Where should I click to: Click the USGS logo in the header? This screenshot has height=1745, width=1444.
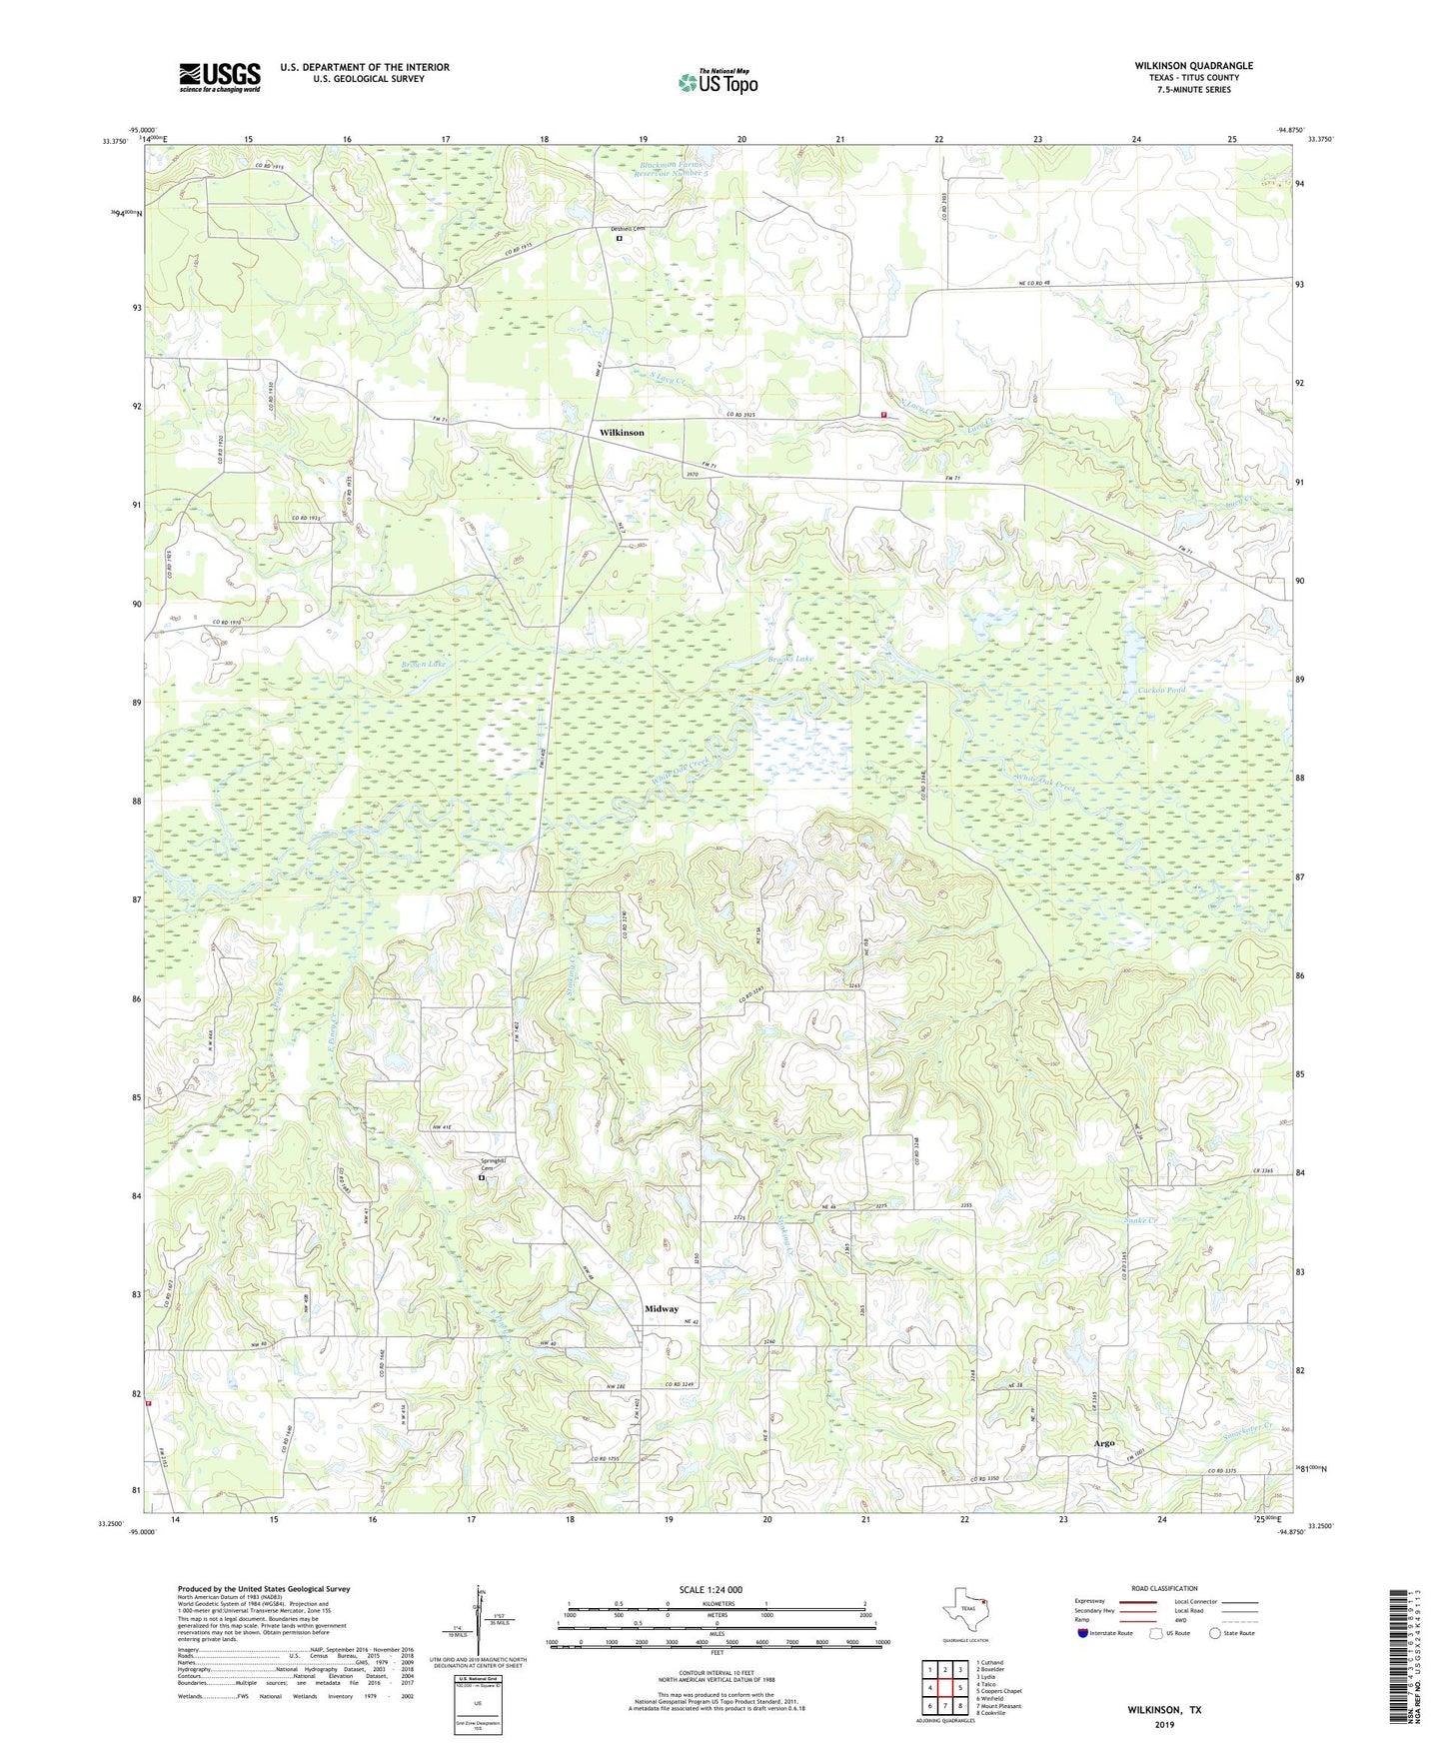[x=220, y=77]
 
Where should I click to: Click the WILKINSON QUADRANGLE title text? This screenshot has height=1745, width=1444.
[x=1193, y=66]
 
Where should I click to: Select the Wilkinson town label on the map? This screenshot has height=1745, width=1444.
[x=622, y=433]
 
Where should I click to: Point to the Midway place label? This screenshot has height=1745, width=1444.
[x=661, y=1308]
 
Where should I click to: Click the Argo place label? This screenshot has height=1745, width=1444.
[x=1103, y=1443]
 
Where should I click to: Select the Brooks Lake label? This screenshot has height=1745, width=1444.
[x=790, y=660]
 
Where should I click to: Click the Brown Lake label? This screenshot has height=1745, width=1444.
[x=424, y=664]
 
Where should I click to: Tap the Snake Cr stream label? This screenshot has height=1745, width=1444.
[x=1140, y=1221]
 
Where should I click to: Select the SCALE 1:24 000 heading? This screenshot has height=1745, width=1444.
[x=711, y=1590]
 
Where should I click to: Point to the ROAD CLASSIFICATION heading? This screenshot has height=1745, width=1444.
[x=1164, y=1588]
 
